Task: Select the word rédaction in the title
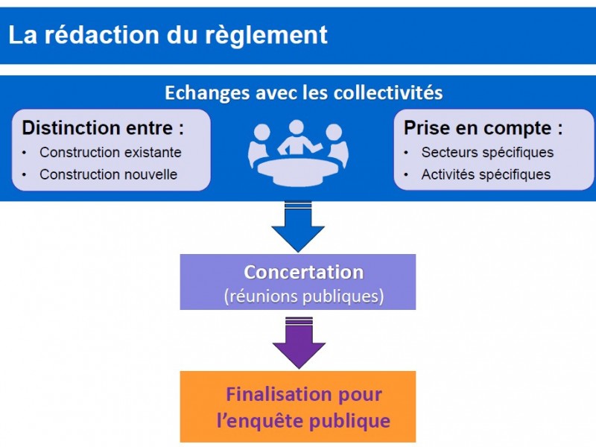[x=102, y=35]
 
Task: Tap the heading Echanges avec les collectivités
[x=304, y=92]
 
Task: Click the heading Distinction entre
[x=103, y=127]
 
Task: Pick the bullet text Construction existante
[x=110, y=153]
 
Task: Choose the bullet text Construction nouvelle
[x=108, y=174]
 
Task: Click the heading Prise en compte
[x=483, y=128]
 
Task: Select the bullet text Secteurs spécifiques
[x=488, y=153]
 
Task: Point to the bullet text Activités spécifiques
[x=486, y=174]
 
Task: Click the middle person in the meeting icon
[x=297, y=139]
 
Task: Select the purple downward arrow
[x=299, y=343]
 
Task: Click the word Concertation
[x=304, y=272]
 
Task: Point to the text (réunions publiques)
[x=304, y=296]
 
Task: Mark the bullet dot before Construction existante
[x=25, y=153]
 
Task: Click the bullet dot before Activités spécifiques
[x=406, y=175]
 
